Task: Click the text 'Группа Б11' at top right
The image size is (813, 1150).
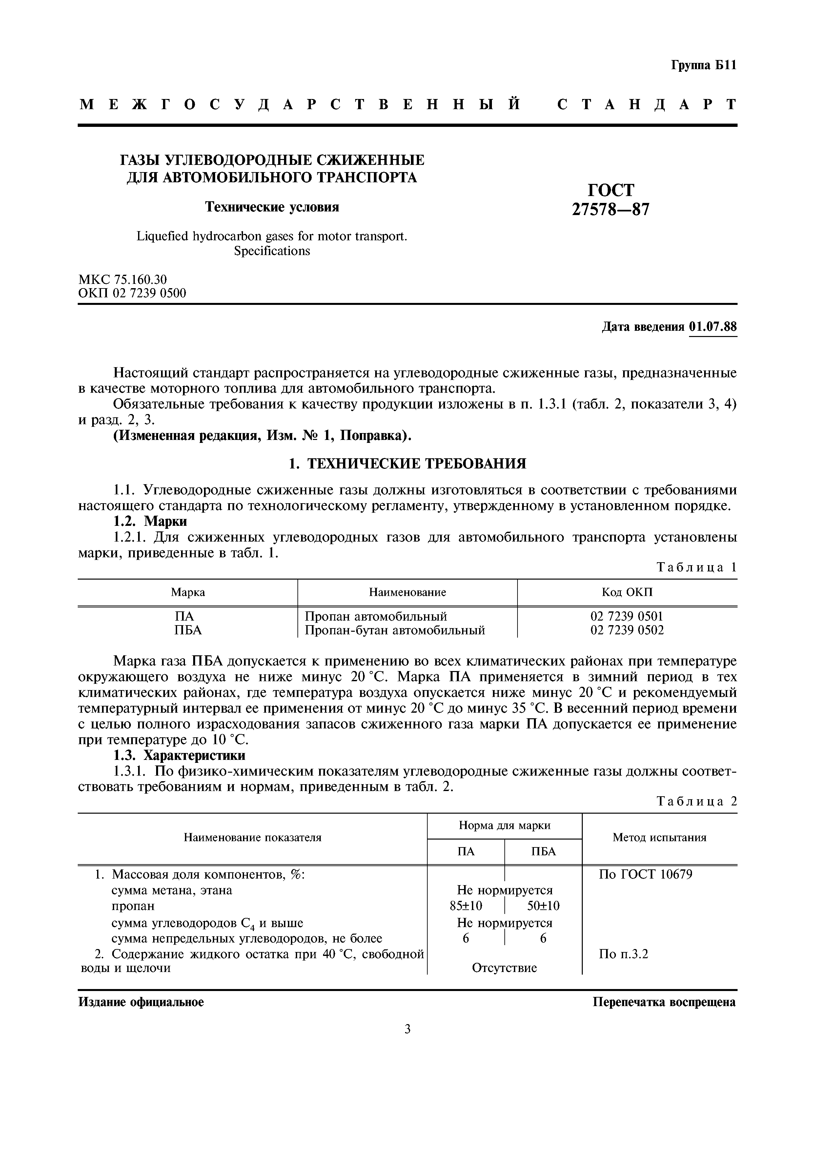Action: click(703, 66)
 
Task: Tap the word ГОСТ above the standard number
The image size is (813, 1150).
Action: click(611, 190)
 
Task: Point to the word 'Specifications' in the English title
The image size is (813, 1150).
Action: click(272, 251)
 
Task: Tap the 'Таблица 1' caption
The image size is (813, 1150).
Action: click(696, 567)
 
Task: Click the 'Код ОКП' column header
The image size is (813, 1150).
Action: click(627, 592)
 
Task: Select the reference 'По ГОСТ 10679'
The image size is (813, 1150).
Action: click(645, 875)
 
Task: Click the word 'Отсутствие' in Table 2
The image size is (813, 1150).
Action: click(504, 968)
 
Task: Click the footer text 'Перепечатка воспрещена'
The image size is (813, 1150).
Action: click(664, 1002)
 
